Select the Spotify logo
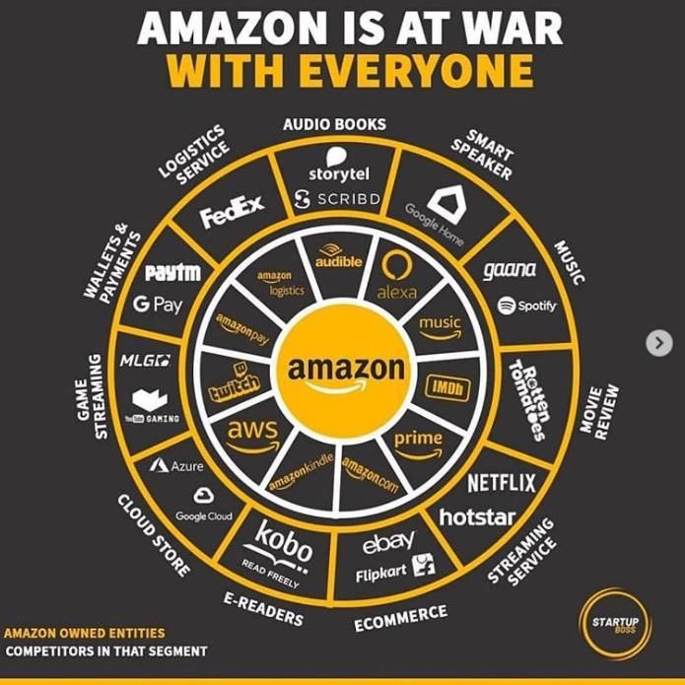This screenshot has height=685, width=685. (x=527, y=306)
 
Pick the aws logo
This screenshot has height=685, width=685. (x=252, y=433)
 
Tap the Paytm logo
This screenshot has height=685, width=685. (x=172, y=271)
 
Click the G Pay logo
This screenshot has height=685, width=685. (x=159, y=305)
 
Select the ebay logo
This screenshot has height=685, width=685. (x=388, y=543)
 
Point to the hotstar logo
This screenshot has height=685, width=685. (x=477, y=515)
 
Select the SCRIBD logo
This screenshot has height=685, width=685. (x=340, y=200)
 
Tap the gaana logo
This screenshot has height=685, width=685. (x=510, y=269)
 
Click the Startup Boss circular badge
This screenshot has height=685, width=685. (x=613, y=625)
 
